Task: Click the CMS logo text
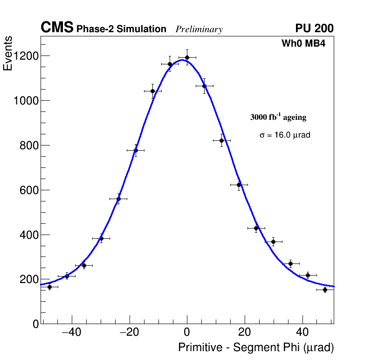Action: [57, 28]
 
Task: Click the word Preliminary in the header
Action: [199, 29]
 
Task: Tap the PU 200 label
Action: [315, 28]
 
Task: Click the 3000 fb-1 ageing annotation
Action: [278, 117]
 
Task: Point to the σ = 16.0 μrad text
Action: [285, 135]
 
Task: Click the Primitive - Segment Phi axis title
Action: [256, 347]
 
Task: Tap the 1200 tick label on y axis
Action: [26, 56]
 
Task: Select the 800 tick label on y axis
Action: [29, 145]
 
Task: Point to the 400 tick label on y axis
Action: [29, 235]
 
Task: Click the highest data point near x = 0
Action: [187, 57]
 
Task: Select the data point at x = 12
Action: [221, 140]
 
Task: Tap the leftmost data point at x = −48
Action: [49, 287]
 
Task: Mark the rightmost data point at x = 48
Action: [325, 290]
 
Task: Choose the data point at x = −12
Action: [152, 91]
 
